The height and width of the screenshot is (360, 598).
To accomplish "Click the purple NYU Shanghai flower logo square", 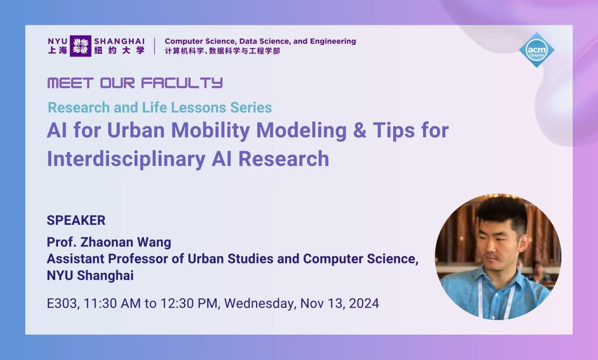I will point(80,46).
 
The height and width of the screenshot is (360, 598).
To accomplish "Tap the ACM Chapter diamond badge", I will point(536,50).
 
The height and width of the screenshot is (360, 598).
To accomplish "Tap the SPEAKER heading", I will point(76,220).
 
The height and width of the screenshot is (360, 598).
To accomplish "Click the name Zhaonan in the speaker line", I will point(104,242).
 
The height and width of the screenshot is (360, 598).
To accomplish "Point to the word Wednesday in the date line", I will point(259,303).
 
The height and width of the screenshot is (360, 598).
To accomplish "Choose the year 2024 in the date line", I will point(363,303).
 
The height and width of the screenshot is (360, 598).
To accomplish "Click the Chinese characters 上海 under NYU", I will point(57,51).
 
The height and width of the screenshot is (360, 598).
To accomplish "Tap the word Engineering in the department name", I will point(333,41).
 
